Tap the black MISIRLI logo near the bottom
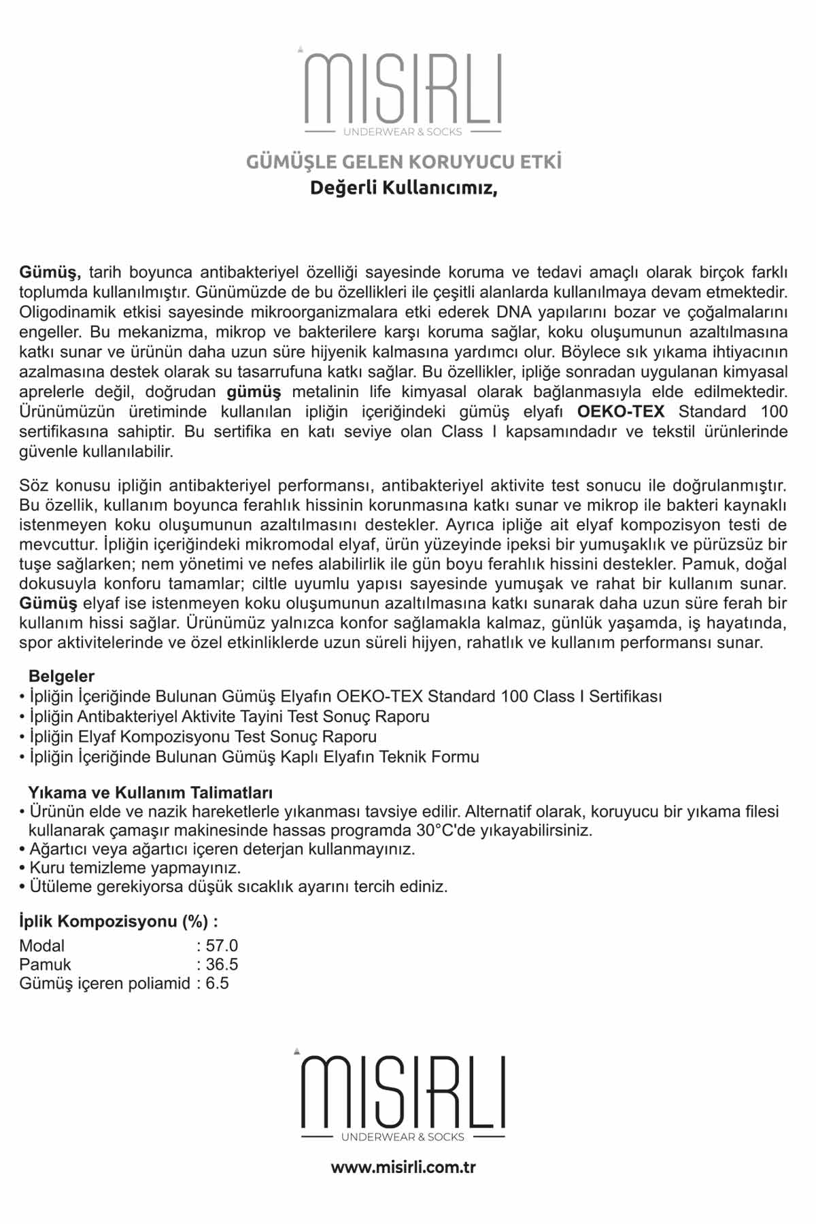403,1091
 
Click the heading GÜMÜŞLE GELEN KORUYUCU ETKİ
403,163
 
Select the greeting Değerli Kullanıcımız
403,188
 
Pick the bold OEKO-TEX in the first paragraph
620,411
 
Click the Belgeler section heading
61,676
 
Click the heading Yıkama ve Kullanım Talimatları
150,792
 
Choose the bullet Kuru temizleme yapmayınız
135,868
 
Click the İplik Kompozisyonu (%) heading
118,921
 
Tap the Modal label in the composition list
42,945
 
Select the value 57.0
222,945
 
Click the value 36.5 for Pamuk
222,964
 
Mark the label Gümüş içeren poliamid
105,983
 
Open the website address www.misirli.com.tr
403,1168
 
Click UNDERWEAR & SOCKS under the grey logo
403,132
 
